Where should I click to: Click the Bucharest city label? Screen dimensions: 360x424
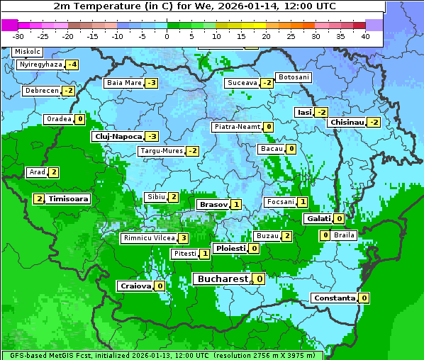pyautogui.click(x=223, y=279)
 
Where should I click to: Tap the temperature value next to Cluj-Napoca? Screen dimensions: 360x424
pyautogui.click(x=152, y=136)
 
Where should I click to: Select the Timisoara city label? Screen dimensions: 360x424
pyautogui.click(x=68, y=199)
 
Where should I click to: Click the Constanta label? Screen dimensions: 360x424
pyautogui.click(x=333, y=298)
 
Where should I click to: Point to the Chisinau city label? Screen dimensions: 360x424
pyautogui.click(x=347, y=123)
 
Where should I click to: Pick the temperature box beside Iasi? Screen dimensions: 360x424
pyautogui.click(x=321, y=113)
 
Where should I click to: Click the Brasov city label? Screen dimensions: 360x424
pyautogui.click(x=213, y=205)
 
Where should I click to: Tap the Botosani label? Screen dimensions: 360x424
pyautogui.click(x=294, y=77)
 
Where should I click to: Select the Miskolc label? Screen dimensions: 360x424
pyautogui.click(x=28, y=52)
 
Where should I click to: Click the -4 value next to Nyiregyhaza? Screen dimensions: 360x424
pyautogui.click(x=72, y=65)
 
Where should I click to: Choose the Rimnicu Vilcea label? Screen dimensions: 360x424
pyautogui.click(x=147, y=238)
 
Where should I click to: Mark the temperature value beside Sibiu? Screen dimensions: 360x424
pyautogui.click(x=173, y=197)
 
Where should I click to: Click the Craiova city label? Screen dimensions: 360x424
pyautogui.click(x=135, y=286)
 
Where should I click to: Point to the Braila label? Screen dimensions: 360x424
pyautogui.click(x=344, y=235)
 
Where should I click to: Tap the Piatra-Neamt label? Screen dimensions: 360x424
pyautogui.click(x=237, y=127)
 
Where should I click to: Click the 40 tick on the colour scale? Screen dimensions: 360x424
pyautogui.click(x=365, y=36)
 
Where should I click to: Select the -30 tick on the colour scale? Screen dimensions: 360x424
pyautogui.click(x=18, y=36)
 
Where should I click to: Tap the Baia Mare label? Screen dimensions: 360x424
pyautogui.click(x=123, y=83)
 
